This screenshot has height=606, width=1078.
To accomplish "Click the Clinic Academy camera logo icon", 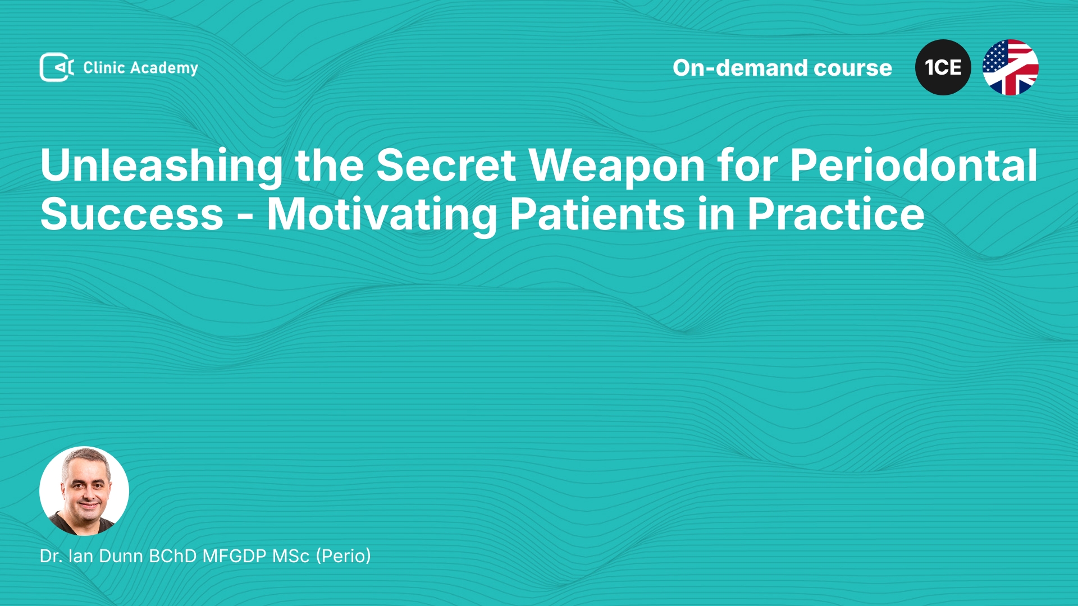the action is [x=57, y=67].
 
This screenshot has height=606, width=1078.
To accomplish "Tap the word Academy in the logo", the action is [x=164, y=68].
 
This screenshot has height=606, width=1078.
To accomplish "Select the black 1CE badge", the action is [x=943, y=67].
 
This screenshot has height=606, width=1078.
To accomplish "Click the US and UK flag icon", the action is [x=1011, y=67].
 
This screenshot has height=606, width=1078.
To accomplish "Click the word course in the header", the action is [x=853, y=68].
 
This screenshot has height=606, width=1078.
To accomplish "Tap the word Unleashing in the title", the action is [x=162, y=167].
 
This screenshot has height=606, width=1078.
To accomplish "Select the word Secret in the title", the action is [x=446, y=166].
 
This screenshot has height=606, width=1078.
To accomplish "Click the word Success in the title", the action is [x=133, y=214].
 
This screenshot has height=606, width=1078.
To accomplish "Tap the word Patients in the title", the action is [x=597, y=214].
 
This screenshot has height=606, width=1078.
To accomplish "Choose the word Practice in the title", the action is [x=835, y=214].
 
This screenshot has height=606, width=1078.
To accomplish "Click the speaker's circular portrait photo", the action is [x=84, y=491].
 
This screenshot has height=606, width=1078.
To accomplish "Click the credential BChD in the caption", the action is [x=173, y=556].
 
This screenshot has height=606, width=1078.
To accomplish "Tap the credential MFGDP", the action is [x=234, y=556].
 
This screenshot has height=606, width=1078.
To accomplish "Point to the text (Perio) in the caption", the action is [x=344, y=556].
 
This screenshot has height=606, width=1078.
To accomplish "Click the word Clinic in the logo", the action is [x=104, y=68].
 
